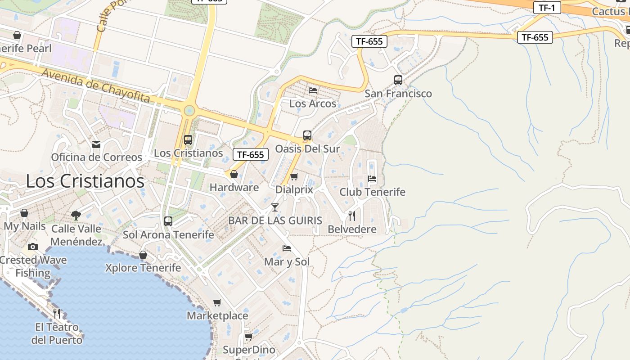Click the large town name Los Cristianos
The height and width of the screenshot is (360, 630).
(x=85, y=181)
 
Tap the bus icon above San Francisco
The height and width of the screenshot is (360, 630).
(x=398, y=80)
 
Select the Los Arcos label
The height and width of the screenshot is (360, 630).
(x=313, y=103)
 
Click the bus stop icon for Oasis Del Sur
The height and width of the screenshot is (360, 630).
(x=307, y=135)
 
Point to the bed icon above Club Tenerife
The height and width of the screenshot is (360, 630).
(x=372, y=178)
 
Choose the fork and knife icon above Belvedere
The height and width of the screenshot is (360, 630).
(x=352, y=216)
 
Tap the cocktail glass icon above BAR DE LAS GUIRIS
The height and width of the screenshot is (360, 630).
(x=275, y=207)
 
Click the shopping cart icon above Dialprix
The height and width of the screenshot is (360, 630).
(x=294, y=176)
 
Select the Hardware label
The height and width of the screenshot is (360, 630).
(x=234, y=187)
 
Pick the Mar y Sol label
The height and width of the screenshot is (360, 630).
(x=287, y=261)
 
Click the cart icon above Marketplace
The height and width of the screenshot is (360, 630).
(x=217, y=302)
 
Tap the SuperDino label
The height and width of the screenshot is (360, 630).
(x=249, y=350)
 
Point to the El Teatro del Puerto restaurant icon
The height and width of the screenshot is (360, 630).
(x=57, y=313)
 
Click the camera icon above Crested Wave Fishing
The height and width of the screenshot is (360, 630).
(x=32, y=247)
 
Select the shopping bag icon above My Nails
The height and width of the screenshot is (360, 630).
(x=24, y=212)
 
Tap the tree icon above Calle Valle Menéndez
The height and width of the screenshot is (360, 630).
(x=76, y=215)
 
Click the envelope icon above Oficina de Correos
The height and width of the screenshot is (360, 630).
(x=96, y=144)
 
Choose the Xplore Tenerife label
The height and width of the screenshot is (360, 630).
(x=143, y=268)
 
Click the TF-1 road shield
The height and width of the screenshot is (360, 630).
(x=547, y=7)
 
